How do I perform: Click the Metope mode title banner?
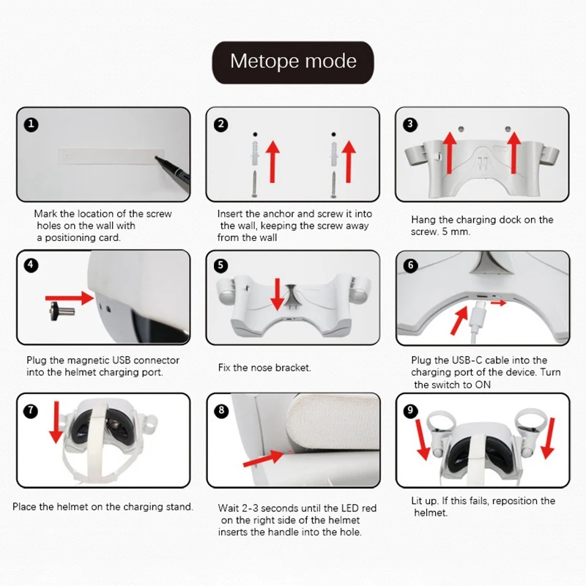pyautogui.click(x=293, y=62)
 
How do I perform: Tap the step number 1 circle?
pyautogui.click(x=31, y=124)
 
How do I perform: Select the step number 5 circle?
pyautogui.click(x=220, y=265)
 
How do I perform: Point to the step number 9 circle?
pyautogui.click(x=410, y=410)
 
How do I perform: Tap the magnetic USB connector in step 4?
pyautogui.click(x=62, y=311)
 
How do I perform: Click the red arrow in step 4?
pyautogui.click(x=70, y=298)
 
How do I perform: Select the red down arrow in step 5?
pyautogui.click(x=277, y=294)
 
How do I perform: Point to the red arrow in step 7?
pyautogui.click(x=56, y=423)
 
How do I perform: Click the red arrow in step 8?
pyautogui.click(x=264, y=458)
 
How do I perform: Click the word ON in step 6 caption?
pyautogui.click(x=483, y=385)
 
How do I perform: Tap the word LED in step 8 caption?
pyautogui.click(x=350, y=508)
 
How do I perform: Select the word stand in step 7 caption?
pyautogui.click(x=180, y=507)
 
